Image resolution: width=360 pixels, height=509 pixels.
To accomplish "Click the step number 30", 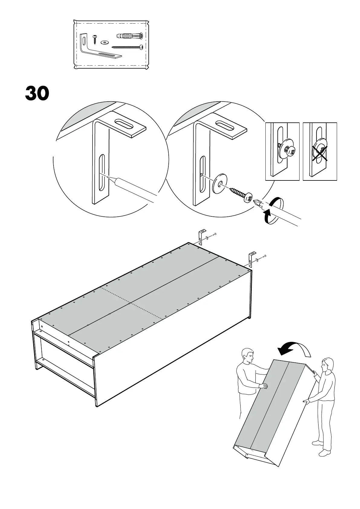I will [x=37, y=93].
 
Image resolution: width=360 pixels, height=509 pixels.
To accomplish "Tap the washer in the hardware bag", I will [x=105, y=42].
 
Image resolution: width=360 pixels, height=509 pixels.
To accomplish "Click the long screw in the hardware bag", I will [x=127, y=47].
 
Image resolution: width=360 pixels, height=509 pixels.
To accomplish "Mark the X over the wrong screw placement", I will [x=319, y=151].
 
